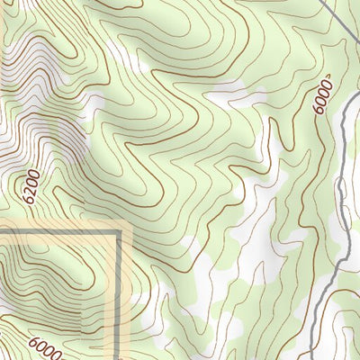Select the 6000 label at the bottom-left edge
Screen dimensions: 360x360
coord(45,348)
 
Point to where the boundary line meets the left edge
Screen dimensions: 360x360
coord(1,231)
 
